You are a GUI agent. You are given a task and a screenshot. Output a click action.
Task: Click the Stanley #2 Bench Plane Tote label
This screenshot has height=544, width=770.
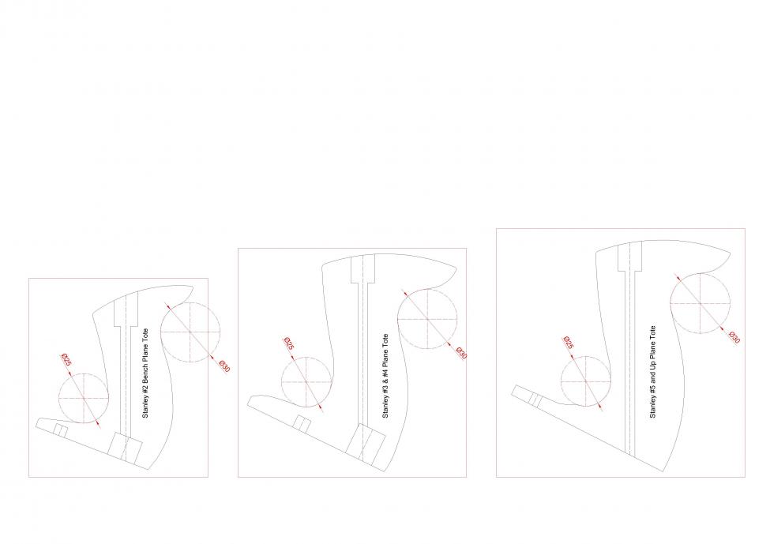145,373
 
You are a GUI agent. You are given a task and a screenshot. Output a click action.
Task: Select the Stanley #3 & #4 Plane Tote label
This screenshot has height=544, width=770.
385,376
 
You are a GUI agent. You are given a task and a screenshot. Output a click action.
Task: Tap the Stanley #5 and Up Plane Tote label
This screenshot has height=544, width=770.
652,372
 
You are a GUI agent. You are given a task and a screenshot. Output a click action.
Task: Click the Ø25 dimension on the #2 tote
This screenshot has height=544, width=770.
66,359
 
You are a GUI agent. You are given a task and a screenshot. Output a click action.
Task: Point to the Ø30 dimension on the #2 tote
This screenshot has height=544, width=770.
224,366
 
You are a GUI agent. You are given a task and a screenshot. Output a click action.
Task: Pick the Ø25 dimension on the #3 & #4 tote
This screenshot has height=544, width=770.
289,343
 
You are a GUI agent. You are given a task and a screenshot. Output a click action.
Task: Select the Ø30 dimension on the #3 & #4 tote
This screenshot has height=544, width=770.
461,353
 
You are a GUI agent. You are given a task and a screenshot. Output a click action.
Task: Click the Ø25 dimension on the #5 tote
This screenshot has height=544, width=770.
568,342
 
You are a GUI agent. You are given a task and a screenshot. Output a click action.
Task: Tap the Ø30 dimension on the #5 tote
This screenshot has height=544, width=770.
734,337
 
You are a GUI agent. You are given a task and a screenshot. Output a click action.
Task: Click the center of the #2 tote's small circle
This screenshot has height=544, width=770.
84,398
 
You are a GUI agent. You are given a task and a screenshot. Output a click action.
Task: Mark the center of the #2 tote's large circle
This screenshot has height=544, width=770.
190,332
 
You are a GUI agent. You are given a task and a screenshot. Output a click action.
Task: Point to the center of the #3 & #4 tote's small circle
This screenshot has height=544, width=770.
306,382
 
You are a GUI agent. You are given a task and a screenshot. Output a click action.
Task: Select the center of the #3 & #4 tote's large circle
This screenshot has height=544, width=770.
427,319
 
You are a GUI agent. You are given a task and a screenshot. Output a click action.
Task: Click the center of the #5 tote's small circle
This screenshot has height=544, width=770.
586,381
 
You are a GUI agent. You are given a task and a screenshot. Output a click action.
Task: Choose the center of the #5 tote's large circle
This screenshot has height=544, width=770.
701,303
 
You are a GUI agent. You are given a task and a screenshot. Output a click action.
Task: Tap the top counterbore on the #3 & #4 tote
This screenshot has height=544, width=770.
363,269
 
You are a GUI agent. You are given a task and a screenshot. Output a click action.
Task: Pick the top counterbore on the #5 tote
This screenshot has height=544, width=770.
630,257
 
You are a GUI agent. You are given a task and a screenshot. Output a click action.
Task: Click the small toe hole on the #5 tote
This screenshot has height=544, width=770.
535,400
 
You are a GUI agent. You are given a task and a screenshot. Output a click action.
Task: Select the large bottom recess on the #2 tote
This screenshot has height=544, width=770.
126,447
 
